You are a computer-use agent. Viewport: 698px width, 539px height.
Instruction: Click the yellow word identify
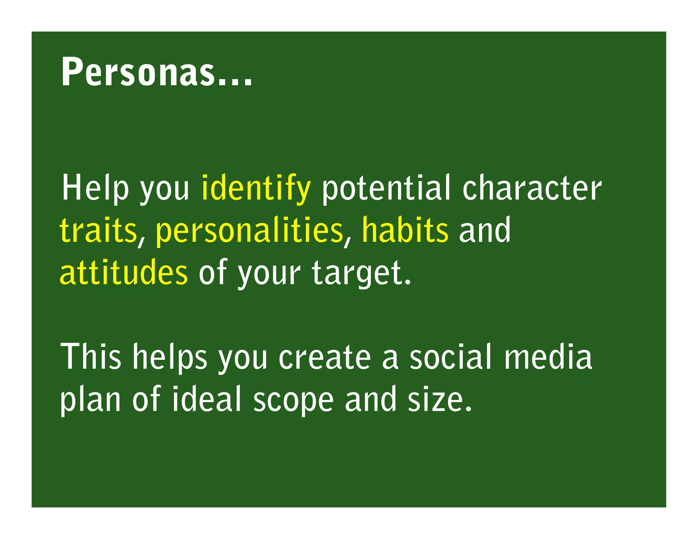pos(256,188)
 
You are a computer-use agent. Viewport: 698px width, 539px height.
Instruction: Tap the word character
pos(532,188)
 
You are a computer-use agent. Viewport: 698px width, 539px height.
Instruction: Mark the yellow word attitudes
pos(124,272)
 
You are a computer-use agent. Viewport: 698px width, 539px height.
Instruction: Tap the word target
pos(362,272)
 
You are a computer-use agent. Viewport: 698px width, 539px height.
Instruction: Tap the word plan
pos(91,399)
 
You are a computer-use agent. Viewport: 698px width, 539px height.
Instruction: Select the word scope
pos(293,399)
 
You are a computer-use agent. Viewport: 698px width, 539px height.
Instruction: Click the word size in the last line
pos(440,399)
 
